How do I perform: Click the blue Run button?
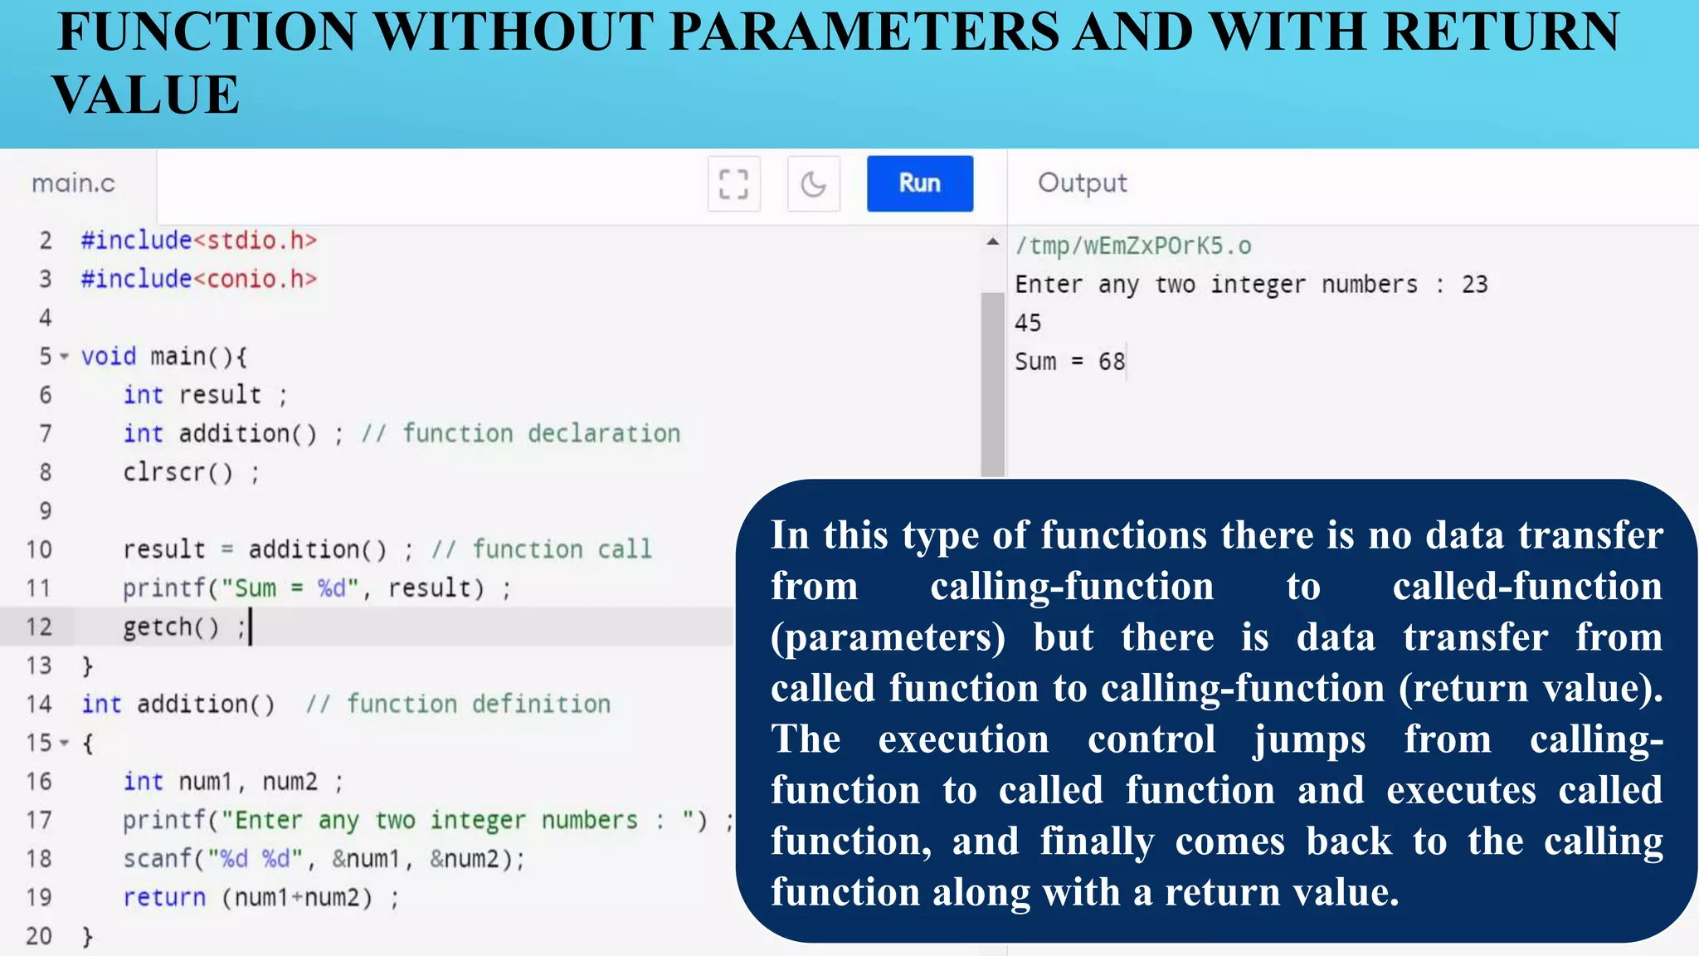[919, 183]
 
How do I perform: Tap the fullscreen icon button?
[733, 183]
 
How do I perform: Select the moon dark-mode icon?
[813, 183]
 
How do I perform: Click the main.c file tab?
[74, 183]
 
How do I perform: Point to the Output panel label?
[1082, 183]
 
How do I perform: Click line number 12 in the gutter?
[39, 627]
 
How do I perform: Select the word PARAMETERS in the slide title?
[864, 32]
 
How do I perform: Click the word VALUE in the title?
[146, 95]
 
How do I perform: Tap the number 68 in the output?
[1112, 362]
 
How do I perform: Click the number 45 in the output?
[1028, 323]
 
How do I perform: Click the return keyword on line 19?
[164, 897]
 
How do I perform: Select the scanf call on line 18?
[158, 859]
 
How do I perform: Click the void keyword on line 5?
[108, 357]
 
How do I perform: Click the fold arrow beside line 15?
[64, 743]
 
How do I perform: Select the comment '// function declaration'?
[520, 433]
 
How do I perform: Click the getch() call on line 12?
[171, 627]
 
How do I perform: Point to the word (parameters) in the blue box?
[888, 637]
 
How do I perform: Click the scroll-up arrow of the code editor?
[992, 242]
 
